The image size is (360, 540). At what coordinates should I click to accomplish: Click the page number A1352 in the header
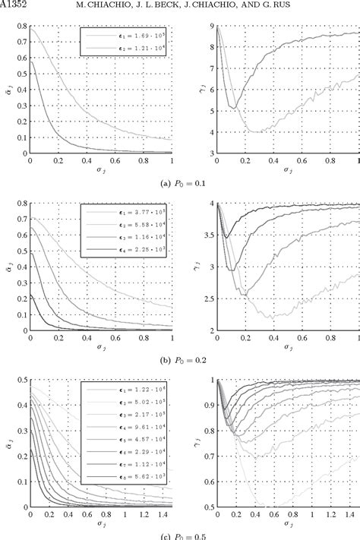17,7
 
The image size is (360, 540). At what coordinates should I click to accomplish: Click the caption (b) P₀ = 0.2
180,360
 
